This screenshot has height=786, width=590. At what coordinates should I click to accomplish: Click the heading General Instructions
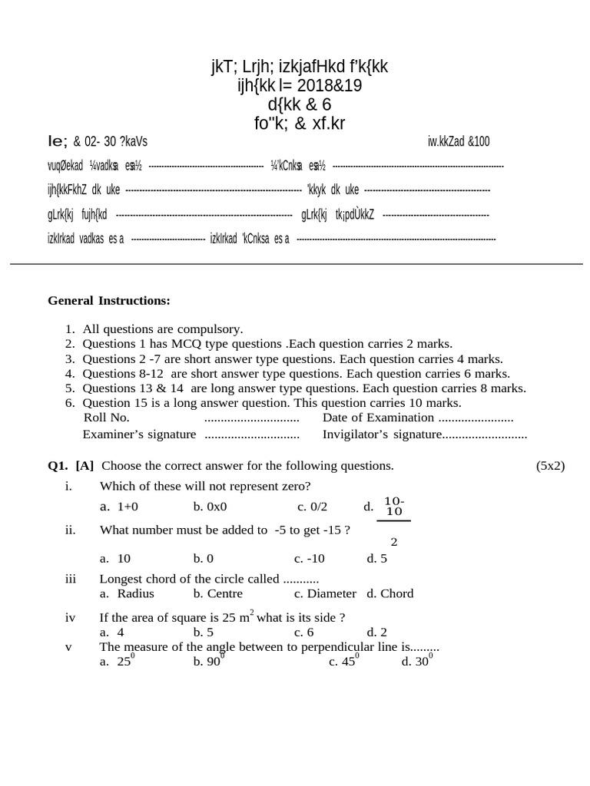tap(109, 300)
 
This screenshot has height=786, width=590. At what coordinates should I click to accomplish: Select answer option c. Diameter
tap(325, 593)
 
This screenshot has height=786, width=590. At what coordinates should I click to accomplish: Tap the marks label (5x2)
tap(550, 466)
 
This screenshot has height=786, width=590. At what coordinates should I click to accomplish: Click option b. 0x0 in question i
tap(210, 507)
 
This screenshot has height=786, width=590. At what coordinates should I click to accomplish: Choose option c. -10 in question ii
tap(310, 559)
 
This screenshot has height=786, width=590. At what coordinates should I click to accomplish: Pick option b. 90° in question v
tap(208, 661)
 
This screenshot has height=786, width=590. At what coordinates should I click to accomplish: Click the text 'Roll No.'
tap(106, 418)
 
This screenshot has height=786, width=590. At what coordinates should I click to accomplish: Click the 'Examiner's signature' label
tap(139, 434)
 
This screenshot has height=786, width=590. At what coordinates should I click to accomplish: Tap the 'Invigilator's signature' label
tap(382, 434)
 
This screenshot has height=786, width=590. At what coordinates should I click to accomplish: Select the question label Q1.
tap(58, 466)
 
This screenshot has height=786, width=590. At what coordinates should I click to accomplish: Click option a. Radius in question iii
tap(127, 593)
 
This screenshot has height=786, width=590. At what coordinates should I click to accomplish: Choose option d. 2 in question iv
tap(377, 632)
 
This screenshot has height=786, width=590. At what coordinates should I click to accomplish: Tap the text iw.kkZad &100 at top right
tap(459, 141)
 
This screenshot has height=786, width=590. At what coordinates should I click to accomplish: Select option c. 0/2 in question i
tap(312, 507)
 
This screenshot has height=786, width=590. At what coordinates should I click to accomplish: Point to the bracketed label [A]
tap(85, 466)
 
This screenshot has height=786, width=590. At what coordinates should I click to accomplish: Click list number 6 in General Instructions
tap(69, 403)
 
